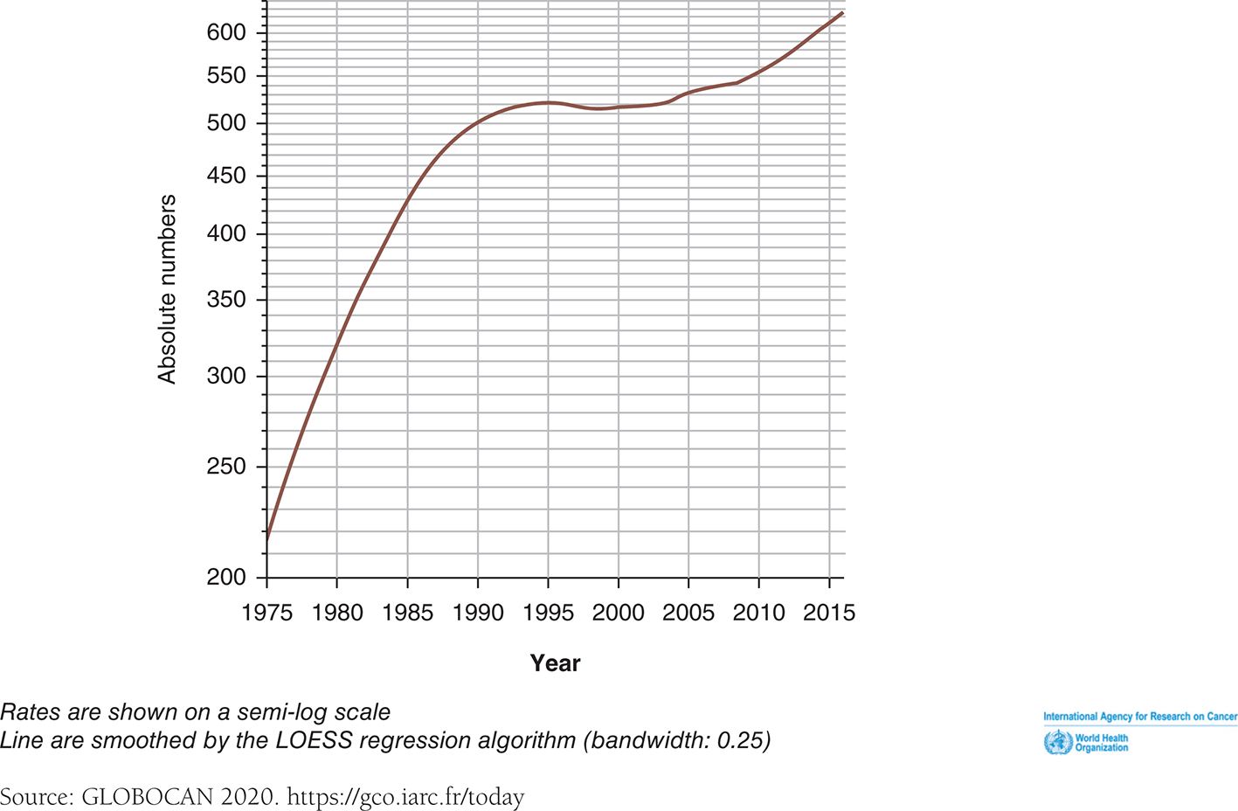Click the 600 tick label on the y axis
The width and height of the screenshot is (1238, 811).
point(226,32)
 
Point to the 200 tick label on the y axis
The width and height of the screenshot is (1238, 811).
point(226,577)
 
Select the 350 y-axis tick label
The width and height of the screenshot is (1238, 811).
point(226,300)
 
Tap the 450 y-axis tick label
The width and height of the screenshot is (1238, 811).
point(226,176)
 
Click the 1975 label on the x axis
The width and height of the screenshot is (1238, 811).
point(266,613)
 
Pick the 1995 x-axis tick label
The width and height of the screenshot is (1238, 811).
point(548,613)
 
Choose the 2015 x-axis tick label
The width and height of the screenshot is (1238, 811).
point(828,613)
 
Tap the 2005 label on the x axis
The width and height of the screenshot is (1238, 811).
point(688,613)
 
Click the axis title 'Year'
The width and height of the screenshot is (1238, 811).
point(555,663)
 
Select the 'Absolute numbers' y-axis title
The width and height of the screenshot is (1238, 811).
point(167,289)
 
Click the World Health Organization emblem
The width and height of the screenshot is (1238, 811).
point(1058,743)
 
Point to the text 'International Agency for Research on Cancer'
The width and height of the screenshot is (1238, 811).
point(1140,717)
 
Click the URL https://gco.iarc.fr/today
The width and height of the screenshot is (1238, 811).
point(405,797)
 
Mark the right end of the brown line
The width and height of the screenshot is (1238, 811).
point(842,12)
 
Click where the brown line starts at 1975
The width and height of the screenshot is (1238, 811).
point(266,539)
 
